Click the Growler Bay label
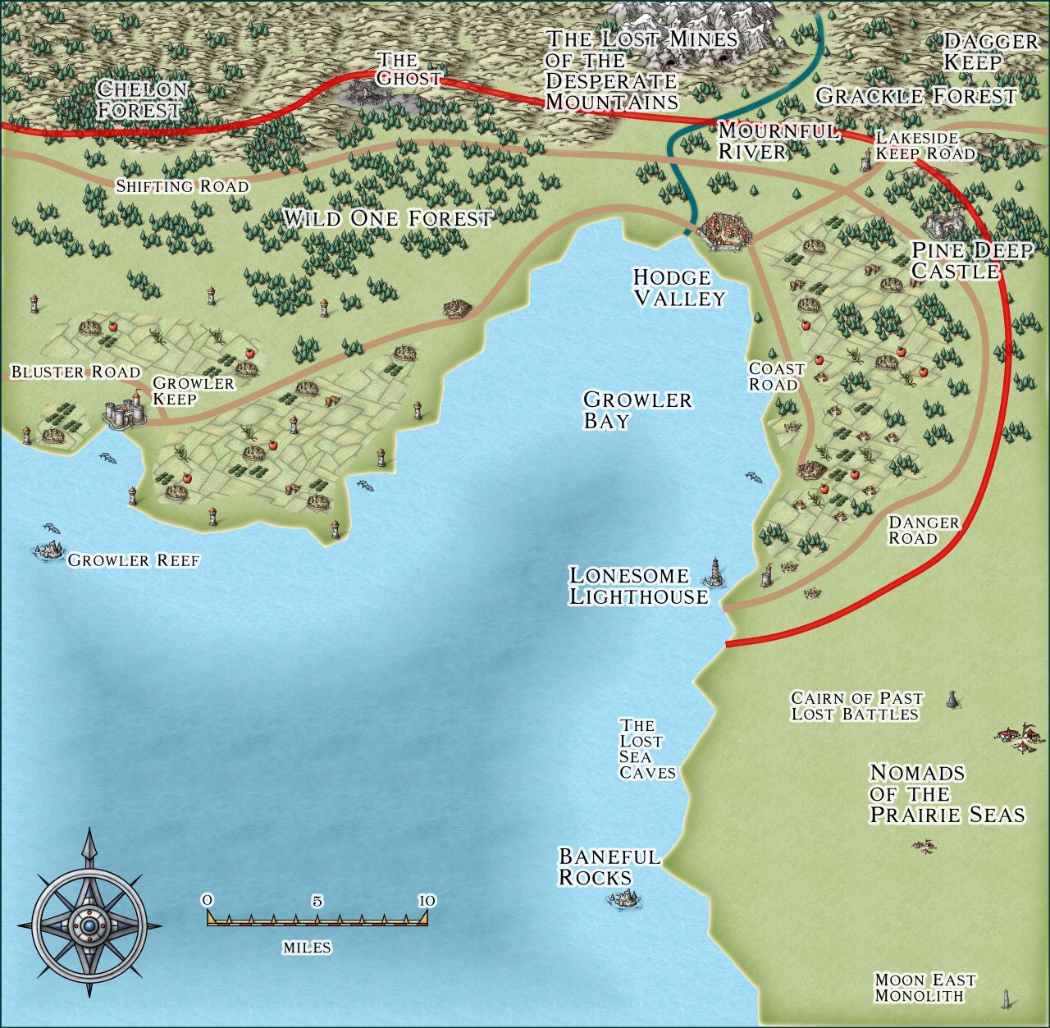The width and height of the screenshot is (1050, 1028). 637,410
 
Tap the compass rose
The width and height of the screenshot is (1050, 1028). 89,925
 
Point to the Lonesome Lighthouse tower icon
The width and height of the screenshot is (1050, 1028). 718,571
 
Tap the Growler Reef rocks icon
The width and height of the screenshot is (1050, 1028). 48,549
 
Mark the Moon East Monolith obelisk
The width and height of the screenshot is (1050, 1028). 1004,999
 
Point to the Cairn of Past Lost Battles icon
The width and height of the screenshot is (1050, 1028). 952,700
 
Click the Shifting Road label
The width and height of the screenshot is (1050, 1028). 182,186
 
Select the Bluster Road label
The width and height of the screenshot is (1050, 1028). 75,372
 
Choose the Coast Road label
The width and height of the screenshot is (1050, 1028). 776,377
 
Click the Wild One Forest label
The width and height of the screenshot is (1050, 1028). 388,218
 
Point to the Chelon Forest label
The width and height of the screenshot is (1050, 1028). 142,99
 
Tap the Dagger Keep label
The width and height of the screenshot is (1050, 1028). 989,52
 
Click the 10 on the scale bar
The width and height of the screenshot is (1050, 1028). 427,901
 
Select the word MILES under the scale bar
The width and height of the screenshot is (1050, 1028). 307,948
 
